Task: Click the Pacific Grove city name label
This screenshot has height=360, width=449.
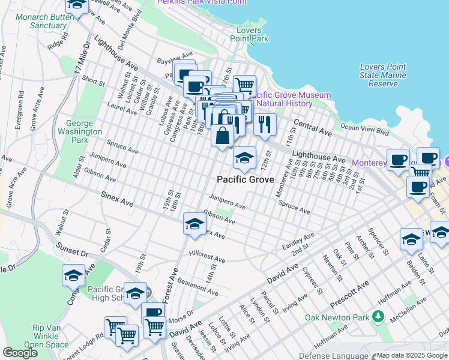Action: pos(245,179)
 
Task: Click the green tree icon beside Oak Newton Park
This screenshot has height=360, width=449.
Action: pos(377,316)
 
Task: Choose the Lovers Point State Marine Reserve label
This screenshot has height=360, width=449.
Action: pos(382,75)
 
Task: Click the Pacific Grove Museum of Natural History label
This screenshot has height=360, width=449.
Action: pos(292,99)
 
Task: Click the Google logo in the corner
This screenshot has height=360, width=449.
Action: pos(20,353)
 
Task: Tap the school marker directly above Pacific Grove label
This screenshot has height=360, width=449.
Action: pos(244,158)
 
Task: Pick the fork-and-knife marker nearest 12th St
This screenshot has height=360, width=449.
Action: pos(265,125)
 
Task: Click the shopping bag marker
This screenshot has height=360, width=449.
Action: pos(222,136)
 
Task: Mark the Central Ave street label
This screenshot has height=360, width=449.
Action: pos(313,127)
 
